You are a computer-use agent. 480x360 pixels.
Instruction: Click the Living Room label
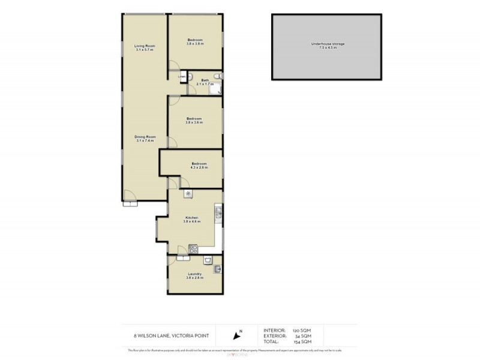pyautogui.click(x=144, y=47)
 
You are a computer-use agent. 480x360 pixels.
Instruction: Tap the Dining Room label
pyautogui.click(x=145, y=139)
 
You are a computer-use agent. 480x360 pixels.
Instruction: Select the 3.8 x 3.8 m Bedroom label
pyautogui.click(x=195, y=41)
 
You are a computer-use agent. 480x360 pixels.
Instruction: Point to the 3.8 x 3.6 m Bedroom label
pyautogui.click(x=194, y=120)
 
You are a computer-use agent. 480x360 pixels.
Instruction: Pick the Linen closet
pyautogui.click(x=181, y=77)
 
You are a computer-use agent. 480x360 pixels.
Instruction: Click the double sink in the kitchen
pyautogui.click(x=218, y=212)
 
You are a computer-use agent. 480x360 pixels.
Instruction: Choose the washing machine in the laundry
pyautogui.click(x=206, y=260)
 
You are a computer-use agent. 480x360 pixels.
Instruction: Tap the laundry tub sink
pyautogui.click(x=218, y=269)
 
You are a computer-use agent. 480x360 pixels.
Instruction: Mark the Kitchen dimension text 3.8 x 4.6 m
pyautogui.click(x=192, y=221)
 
